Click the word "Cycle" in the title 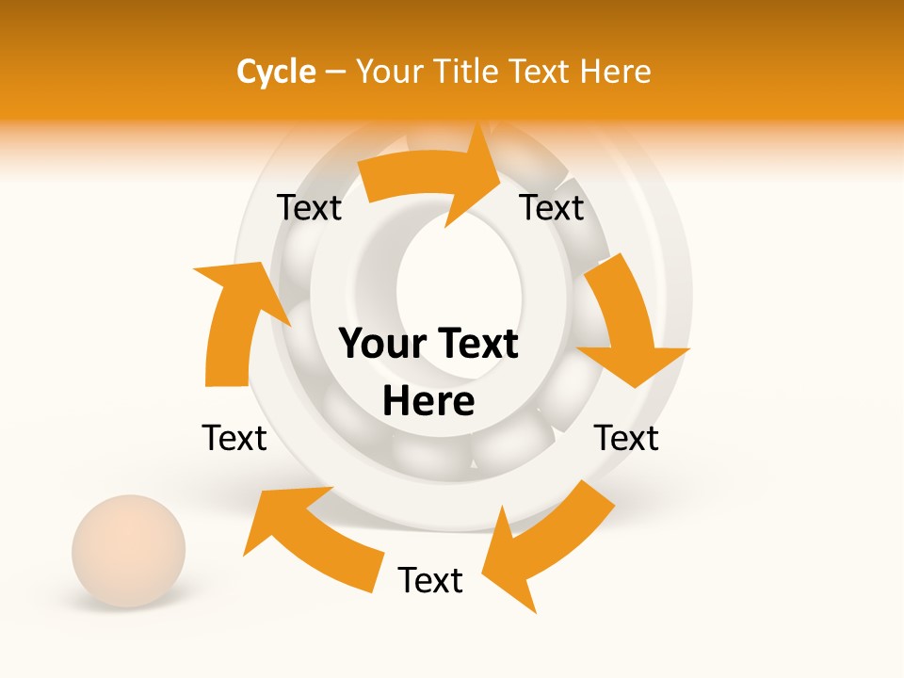click(276, 72)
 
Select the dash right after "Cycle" click(335, 72)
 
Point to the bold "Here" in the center click(428, 402)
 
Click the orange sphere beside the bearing click(129, 551)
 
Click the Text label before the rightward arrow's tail click(309, 208)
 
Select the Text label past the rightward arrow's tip click(552, 208)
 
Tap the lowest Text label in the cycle click(430, 581)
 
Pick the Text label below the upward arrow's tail click(234, 438)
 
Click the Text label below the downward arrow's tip click(626, 438)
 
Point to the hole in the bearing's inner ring click(459, 282)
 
